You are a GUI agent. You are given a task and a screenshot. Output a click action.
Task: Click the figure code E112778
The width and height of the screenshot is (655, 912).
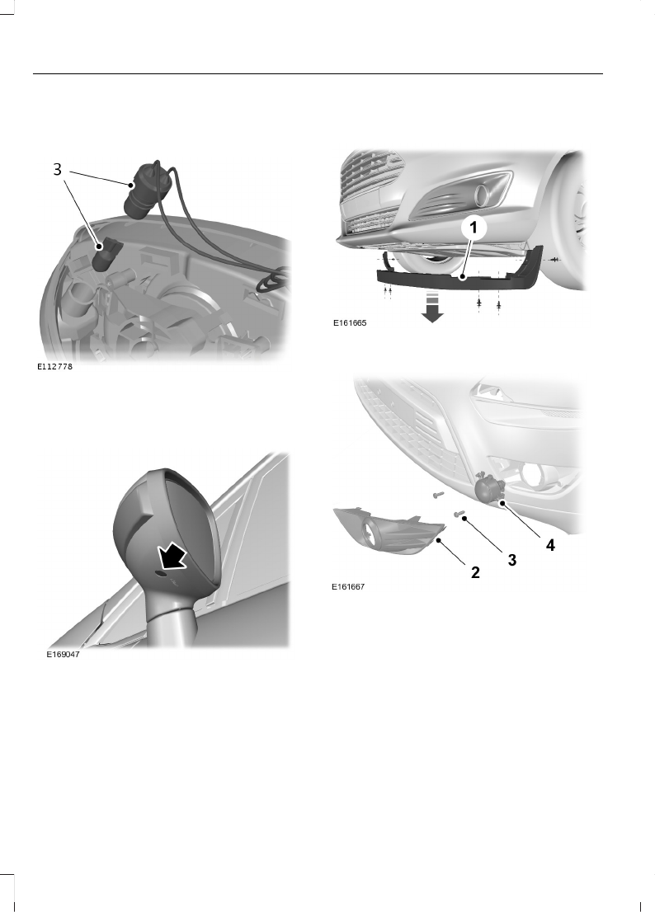coord(55,368)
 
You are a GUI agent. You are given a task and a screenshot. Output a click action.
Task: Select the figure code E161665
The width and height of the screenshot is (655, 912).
coord(349,325)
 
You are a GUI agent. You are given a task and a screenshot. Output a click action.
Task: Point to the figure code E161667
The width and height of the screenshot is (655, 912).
coord(347,588)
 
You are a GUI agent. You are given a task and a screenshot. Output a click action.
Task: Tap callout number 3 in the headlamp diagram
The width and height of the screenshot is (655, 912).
coord(57,169)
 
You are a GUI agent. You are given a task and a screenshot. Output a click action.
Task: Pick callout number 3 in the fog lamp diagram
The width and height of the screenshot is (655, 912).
coord(511,560)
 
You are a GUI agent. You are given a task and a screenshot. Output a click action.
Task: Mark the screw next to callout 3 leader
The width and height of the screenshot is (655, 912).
coord(459,514)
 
